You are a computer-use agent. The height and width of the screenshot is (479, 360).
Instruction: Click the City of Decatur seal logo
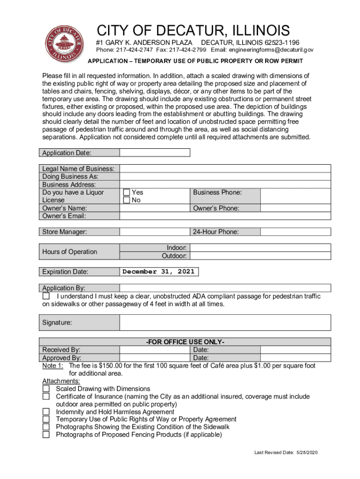[61, 44]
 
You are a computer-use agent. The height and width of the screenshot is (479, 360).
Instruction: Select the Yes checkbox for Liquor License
[126, 192]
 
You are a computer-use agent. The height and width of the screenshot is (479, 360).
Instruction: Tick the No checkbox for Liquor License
[126, 200]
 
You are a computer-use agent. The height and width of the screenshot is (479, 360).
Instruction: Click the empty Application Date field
[155, 152]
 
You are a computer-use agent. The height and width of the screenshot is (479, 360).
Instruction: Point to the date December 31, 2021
[158, 272]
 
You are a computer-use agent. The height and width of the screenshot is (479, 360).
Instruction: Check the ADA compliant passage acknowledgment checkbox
[46, 297]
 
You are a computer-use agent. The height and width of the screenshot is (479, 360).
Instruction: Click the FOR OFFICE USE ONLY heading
[185, 342]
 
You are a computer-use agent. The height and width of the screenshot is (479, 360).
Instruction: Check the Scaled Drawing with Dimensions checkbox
[46, 389]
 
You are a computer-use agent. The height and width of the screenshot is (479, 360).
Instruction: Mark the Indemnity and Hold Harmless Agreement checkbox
[46, 412]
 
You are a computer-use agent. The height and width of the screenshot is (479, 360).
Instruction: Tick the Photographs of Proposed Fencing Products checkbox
[46, 435]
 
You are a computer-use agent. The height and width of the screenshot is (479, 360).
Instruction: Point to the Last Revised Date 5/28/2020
[286, 453]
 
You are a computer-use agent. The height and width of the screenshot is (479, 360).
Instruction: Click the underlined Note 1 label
[52, 365]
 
